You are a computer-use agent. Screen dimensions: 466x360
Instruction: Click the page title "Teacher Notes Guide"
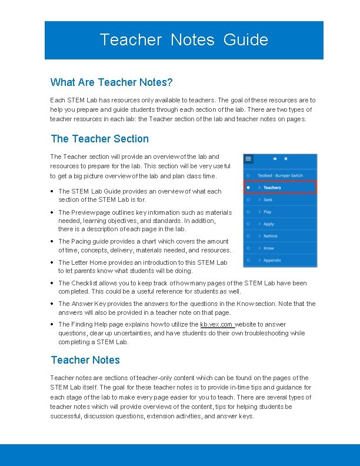pos(184,40)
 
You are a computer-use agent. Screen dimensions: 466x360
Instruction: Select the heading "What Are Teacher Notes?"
pos(111,82)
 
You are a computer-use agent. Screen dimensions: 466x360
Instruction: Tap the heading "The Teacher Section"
pos(99,139)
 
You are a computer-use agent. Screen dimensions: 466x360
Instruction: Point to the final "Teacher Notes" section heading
pos(85,360)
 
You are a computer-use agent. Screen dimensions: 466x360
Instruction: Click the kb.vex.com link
pos(216,324)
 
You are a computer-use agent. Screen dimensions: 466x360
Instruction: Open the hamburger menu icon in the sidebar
pos(249,159)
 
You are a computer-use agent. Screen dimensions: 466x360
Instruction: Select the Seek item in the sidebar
pos(268,200)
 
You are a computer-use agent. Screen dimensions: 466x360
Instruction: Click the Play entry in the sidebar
pos(267,212)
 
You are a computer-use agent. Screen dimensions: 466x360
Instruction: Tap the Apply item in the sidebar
pos(268,224)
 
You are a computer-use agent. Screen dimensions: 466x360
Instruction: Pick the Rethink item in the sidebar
pos(271,236)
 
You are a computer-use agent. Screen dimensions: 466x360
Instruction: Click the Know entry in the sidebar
pos(268,248)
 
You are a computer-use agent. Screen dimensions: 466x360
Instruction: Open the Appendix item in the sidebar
pos(272,260)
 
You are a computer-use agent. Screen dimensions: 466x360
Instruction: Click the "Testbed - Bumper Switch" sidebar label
pos(281,175)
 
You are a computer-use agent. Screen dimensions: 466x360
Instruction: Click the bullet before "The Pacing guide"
pos(53,241)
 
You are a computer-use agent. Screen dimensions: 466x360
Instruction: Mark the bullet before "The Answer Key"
pos(53,304)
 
